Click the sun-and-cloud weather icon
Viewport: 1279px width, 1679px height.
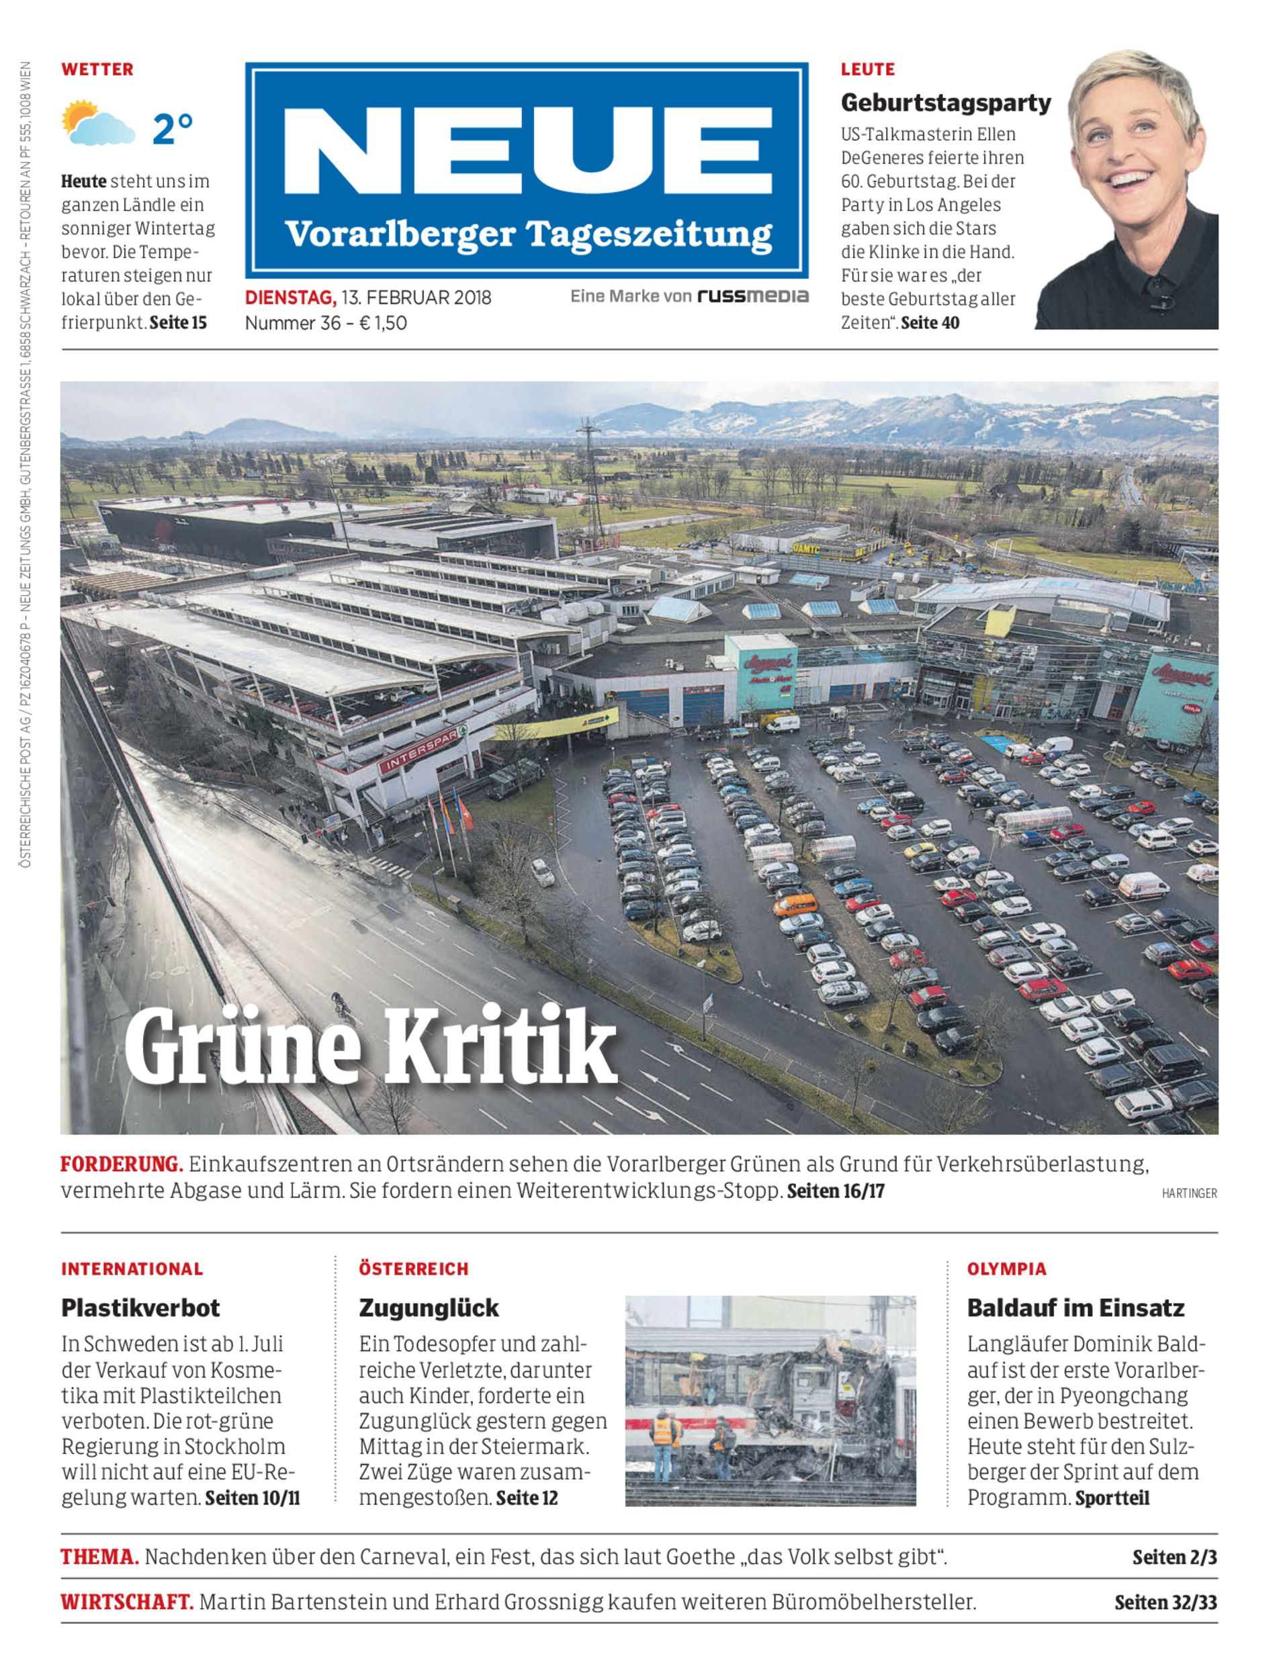point(97,124)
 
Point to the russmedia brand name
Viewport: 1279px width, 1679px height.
point(753,296)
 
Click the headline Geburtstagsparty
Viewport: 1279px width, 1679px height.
point(946,103)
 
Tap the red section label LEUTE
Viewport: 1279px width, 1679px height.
point(867,70)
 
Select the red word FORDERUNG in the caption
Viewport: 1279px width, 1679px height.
point(122,1165)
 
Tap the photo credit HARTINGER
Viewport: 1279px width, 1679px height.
point(1189,1193)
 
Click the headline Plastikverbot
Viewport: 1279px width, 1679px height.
point(140,1308)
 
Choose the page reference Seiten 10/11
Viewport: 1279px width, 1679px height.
point(253,1498)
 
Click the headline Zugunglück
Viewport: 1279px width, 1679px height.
point(429,1308)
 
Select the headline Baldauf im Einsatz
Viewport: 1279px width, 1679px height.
point(1075,1308)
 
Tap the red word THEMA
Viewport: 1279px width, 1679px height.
point(99,1557)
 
